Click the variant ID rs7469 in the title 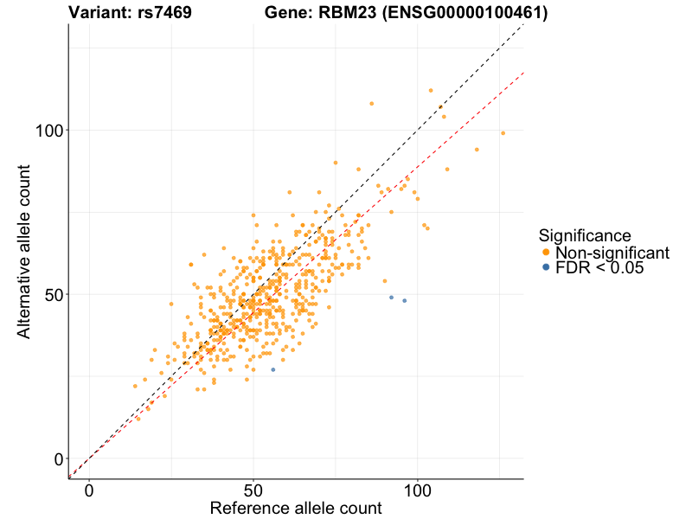click(164, 13)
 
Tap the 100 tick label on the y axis click(50, 131)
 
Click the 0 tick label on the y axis click(60, 459)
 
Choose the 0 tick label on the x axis click(89, 490)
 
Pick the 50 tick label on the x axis click(253, 490)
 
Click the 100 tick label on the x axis click(418, 490)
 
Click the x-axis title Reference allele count click(296, 509)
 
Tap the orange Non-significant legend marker click(545, 253)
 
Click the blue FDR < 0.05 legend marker click(545, 268)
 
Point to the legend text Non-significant click(612, 253)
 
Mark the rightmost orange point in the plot click(503, 133)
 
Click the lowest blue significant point click(273, 369)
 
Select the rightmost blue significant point click(404, 301)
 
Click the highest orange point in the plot click(431, 90)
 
